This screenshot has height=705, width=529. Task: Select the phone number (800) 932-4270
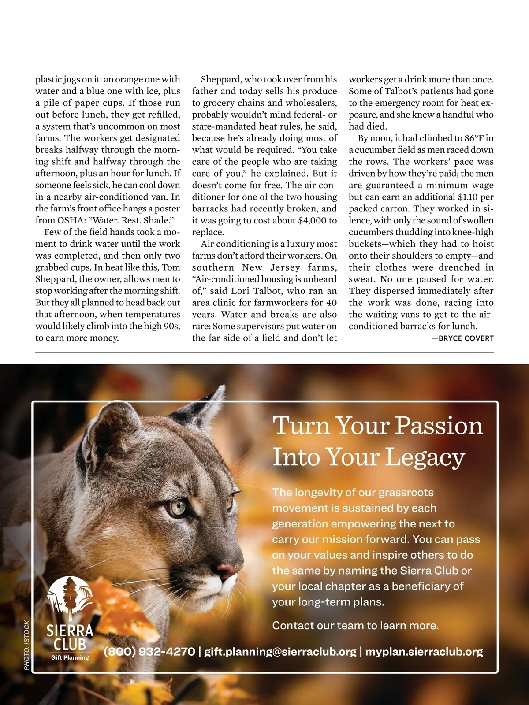click(149, 652)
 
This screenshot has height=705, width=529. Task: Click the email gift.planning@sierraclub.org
click(280, 652)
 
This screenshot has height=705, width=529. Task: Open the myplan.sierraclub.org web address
click(424, 652)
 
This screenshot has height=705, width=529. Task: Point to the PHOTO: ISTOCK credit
click(26, 646)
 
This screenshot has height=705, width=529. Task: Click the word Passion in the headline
click(438, 426)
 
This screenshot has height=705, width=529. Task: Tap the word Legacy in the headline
click(425, 457)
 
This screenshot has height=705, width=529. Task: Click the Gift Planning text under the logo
click(70, 658)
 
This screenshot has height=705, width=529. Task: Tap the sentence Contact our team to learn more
click(355, 626)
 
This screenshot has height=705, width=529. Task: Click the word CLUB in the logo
click(70, 644)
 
